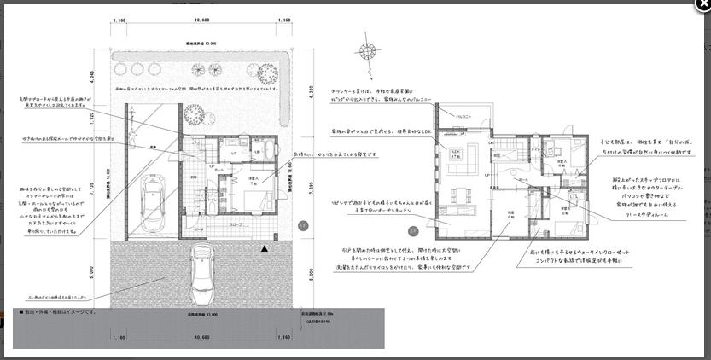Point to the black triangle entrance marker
tap(265, 247)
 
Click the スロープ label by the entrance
tap(236, 225)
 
